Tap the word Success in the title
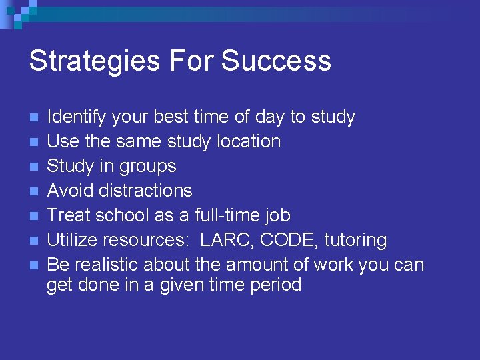(276, 61)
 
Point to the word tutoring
(355, 240)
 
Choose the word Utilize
(74, 240)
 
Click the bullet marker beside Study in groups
(35, 167)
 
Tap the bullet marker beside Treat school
(35, 216)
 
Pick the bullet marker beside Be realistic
(35, 265)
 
